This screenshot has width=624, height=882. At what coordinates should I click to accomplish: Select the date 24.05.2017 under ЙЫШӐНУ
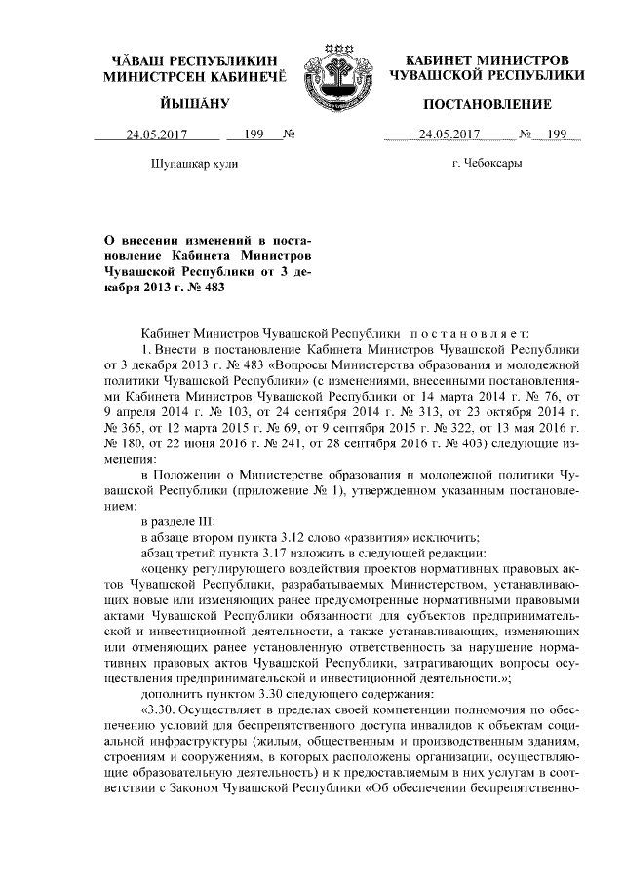(150, 134)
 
